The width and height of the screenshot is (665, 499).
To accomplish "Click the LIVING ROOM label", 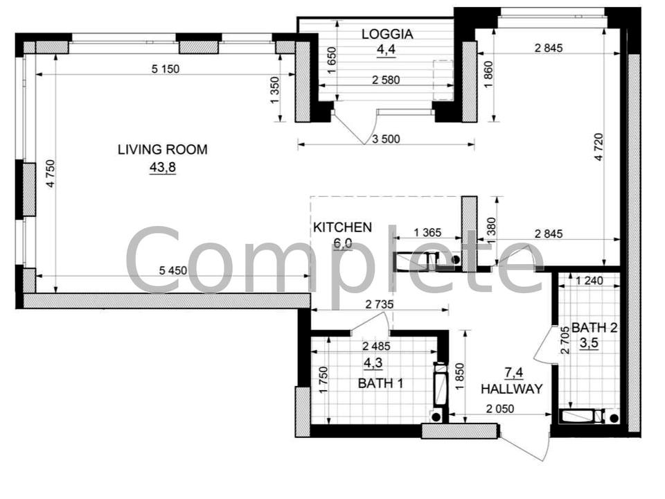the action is [162, 150].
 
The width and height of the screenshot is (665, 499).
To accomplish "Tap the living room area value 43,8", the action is [162, 168].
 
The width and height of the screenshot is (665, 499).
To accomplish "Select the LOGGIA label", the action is [387, 34].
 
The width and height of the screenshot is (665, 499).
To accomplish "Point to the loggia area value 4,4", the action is [387, 50].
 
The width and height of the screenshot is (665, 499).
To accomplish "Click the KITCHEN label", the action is [342, 227].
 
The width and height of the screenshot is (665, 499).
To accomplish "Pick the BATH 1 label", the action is [380, 383].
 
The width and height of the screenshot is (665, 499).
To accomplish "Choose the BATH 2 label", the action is [594, 327].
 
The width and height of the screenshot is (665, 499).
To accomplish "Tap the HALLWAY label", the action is [511, 389].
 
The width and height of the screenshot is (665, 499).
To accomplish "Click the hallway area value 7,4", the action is [513, 373].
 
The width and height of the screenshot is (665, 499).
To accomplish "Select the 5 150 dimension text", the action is [166, 69].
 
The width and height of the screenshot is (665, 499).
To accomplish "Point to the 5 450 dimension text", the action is [172, 270].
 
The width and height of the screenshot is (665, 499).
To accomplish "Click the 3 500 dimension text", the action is [386, 139].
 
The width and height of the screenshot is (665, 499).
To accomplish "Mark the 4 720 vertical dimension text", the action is [598, 147].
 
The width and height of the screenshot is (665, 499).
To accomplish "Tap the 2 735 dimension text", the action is [379, 304].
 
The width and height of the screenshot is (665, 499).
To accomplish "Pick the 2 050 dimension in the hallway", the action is [499, 409].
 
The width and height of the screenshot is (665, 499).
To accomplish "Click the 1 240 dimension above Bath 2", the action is [589, 281].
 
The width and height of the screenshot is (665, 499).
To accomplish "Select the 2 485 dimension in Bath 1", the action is [376, 347].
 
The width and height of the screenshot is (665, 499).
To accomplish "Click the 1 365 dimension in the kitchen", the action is [427, 233].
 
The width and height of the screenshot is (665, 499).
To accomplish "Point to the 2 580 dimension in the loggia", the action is [386, 80].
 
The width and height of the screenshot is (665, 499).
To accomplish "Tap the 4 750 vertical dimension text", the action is [50, 173].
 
